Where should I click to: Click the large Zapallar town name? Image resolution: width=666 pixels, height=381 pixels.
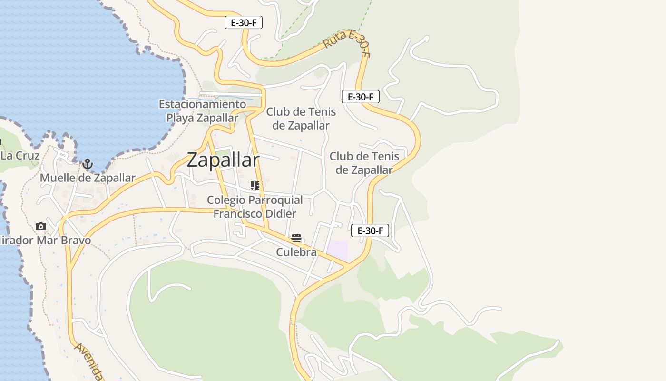point(223,160)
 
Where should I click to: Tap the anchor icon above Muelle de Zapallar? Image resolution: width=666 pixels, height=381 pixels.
point(87,165)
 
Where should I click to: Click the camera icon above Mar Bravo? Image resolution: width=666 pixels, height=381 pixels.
point(41,226)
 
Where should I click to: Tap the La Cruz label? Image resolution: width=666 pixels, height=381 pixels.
point(20,156)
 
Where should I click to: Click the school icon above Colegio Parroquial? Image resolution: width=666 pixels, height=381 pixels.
point(255,185)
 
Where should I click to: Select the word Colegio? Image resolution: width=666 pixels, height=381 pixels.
point(225,200)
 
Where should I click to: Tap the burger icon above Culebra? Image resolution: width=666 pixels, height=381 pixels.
point(296,238)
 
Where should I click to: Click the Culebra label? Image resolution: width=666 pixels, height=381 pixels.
point(296,252)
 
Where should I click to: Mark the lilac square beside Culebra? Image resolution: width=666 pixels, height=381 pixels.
point(337,251)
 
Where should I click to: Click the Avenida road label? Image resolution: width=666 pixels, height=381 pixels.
point(88,361)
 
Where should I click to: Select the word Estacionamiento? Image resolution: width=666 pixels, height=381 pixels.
point(203,104)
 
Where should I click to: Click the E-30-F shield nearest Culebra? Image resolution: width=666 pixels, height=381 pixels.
point(370,231)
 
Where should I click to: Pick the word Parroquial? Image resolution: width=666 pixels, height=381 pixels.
point(276,200)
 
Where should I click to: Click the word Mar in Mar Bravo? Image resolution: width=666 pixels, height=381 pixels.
point(49,240)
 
